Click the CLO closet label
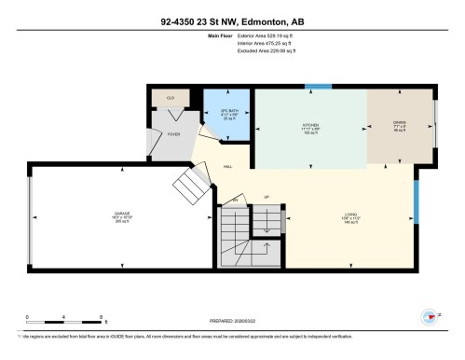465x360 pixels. coord(171,97)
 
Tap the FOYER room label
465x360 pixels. coord(173,134)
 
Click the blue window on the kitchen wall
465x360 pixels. coord(318,87)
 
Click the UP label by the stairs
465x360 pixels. coord(267,198)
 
